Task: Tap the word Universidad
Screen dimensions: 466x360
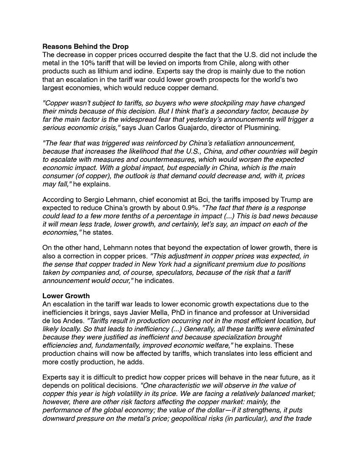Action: coord(288,312)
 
